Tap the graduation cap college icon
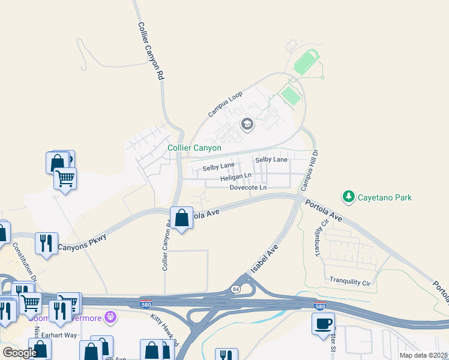pyautogui.click(x=247, y=125)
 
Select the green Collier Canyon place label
pyautogui.click(x=194, y=148)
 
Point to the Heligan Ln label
pyautogui.click(x=235, y=178)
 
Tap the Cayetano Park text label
pyautogui.click(x=385, y=196)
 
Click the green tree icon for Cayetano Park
pyautogui.click(x=348, y=196)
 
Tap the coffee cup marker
pyautogui.click(x=323, y=325)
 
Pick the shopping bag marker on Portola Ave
pyautogui.click(x=181, y=218)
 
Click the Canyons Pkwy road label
pyautogui.click(x=83, y=241)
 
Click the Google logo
pyautogui.click(x=20, y=353)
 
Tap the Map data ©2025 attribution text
pyautogui.click(x=423, y=355)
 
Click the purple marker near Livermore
pyautogui.click(x=110, y=316)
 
